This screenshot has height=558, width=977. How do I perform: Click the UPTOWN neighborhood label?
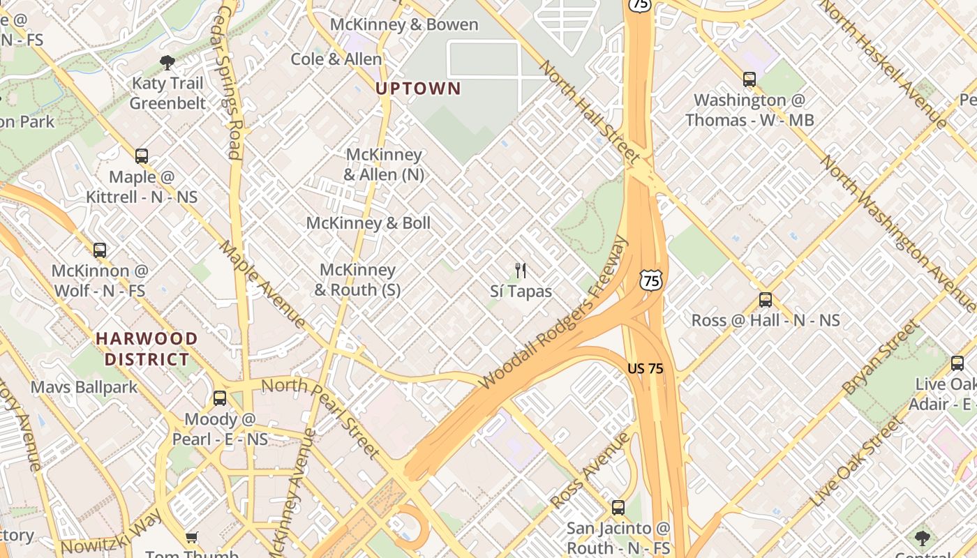click(x=418, y=89)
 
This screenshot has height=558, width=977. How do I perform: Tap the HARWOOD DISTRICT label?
click(x=147, y=349)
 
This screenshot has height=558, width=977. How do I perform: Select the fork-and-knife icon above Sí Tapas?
click(x=520, y=271)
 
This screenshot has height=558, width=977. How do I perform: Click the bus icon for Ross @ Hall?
click(x=766, y=300)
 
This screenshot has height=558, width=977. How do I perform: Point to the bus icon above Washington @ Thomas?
click(x=749, y=80)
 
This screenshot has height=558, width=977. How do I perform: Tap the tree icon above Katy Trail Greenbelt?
click(x=167, y=63)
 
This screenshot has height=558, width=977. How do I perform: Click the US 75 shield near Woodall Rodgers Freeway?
click(x=650, y=280)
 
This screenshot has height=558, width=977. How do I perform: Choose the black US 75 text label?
click(x=645, y=368)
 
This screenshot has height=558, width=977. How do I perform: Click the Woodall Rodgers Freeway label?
click(x=555, y=314)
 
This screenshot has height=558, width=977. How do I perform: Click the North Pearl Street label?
click(x=321, y=418)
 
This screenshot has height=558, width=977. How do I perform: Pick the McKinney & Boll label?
click(x=368, y=223)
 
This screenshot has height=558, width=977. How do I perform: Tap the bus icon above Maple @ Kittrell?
click(x=142, y=156)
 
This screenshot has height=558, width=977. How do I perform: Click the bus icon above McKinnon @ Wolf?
click(x=100, y=250)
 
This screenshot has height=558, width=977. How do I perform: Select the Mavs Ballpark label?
click(x=84, y=387)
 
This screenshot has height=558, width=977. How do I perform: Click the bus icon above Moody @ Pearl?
click(x=220, y=398)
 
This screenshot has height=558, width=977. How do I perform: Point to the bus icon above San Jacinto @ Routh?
click(x=618, y=507)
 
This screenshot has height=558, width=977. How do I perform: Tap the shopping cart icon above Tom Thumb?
click(x=192, y=537)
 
